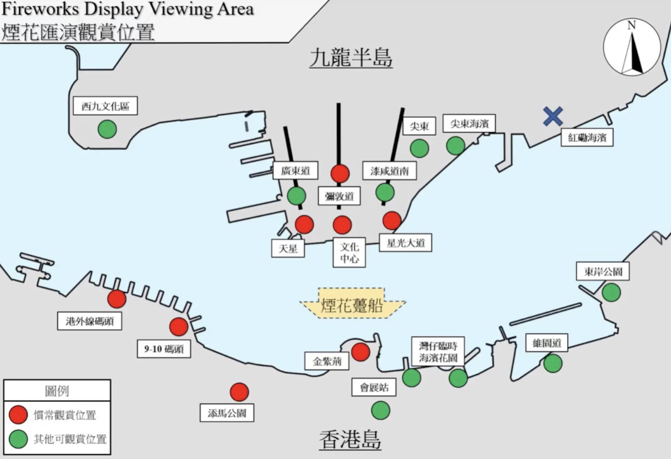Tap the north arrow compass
pyautogui.click(x=632, y=47)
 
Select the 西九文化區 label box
pyautogui.click(x=105, y=106)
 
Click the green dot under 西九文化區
pyautogui.click(x=107, y=129)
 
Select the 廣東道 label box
pyautogui.click(x=296, y=171)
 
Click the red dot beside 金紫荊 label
pyautogui.click(x=361, y=352)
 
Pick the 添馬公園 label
pyautogui.click(x=227, y=413)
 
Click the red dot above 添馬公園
pyautogui.click(x=239, y=392)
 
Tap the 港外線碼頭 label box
pyautogui.click(x=89, y=321)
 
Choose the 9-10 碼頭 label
pyautogui.click(x=164, y=349)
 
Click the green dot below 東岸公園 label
pyautogui.click(x=611, y=293)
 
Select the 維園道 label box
pyautogui.click(x=546, y=343)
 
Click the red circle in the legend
pyautogui.click(x=18, y=414)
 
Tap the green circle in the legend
pyautogui.click(x=18, y=439)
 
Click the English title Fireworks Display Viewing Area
pyautogui.click(x=128, y=9)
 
